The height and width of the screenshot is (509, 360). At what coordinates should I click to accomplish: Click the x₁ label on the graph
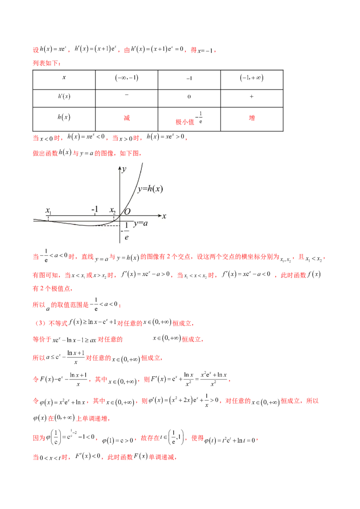[49, 210]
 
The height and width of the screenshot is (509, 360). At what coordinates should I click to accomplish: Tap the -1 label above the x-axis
[94, 210]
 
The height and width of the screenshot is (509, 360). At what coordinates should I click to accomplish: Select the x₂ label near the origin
[113, 210]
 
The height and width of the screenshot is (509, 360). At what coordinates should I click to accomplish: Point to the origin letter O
[127, 211]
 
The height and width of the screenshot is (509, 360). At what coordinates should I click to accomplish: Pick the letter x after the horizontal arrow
[165, 216]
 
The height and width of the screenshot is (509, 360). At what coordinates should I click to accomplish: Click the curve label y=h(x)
[150, 189]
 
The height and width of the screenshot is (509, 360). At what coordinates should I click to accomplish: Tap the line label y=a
[140, 223]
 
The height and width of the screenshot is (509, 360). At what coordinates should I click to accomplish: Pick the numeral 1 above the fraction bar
[127, 225]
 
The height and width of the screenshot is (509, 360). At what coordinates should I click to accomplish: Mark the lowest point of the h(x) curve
[95, 226]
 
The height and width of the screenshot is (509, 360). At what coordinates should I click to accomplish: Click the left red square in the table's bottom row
[128, 118]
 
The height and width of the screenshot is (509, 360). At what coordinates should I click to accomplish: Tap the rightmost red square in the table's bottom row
[252, 118]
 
